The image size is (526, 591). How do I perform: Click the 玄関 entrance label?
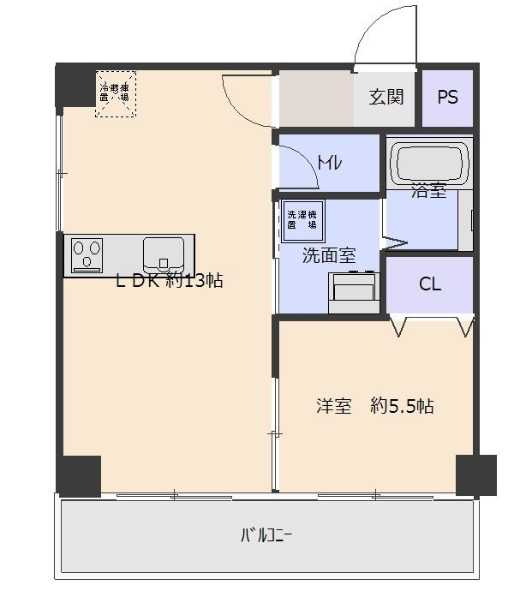click(386, 96)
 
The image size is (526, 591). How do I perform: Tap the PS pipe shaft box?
click(447, 96)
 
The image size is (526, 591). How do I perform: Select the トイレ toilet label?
click(330, 162)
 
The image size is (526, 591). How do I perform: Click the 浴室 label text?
click(428, 191)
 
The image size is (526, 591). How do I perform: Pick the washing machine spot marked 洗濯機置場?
click(301, 219)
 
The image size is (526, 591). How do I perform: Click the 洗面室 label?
click(329, 254)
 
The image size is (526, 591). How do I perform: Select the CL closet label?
click(430, 284)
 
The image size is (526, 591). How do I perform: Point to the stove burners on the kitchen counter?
click(87, 254)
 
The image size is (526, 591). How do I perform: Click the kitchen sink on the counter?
click(164, 254)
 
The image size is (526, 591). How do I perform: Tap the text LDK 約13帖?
click(170, 280)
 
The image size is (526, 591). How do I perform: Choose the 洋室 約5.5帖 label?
click(374, 405)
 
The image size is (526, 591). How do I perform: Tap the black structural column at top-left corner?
click(75, 86)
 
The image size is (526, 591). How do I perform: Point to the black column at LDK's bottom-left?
click(79, 475)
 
